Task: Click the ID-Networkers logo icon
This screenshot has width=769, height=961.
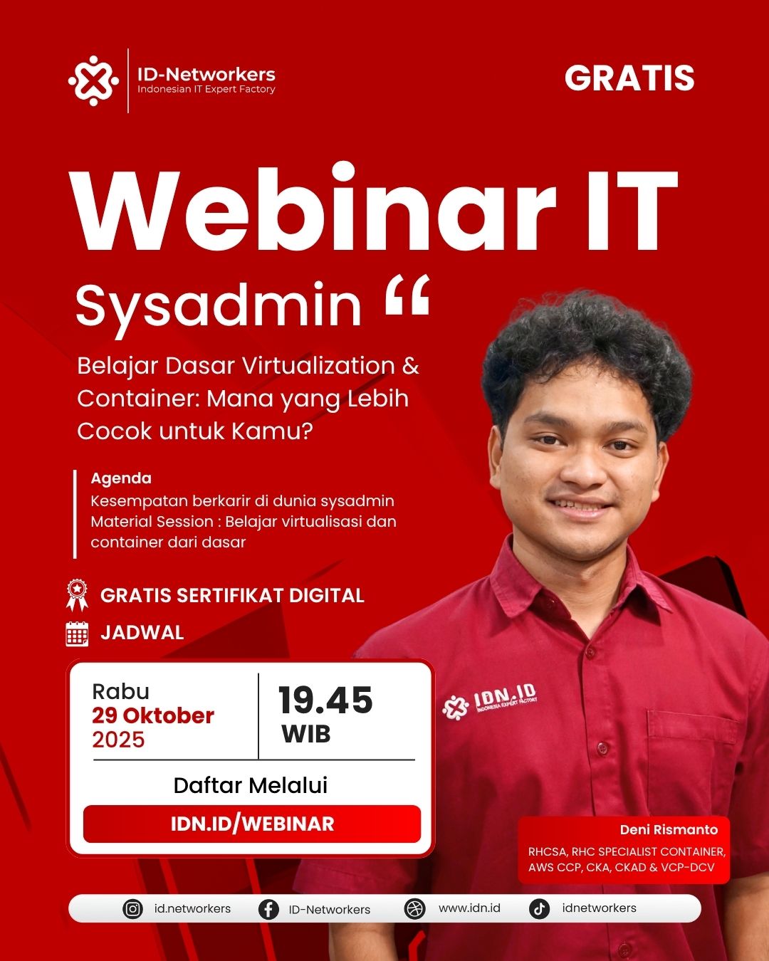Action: (93, 81)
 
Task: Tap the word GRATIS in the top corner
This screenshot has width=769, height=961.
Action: (629, 78)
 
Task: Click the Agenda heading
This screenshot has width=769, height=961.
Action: (121, 479)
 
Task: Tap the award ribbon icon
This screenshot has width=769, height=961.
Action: (77, 595)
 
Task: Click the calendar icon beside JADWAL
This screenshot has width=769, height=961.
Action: (77, 634)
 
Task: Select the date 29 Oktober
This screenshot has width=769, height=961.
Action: (153, 716)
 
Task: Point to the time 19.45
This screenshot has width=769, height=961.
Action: (325, 700)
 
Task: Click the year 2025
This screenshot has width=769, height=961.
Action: (118, 740)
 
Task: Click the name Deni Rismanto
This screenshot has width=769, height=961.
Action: (669, 830)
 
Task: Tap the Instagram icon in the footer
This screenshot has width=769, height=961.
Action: (132, 909)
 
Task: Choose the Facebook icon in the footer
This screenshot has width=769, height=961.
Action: (268, 909)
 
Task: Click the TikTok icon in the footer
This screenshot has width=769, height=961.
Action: (539, 909)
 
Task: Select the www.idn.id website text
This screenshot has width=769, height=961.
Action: (469, 908)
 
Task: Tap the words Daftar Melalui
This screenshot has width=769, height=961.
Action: (250, 785)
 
